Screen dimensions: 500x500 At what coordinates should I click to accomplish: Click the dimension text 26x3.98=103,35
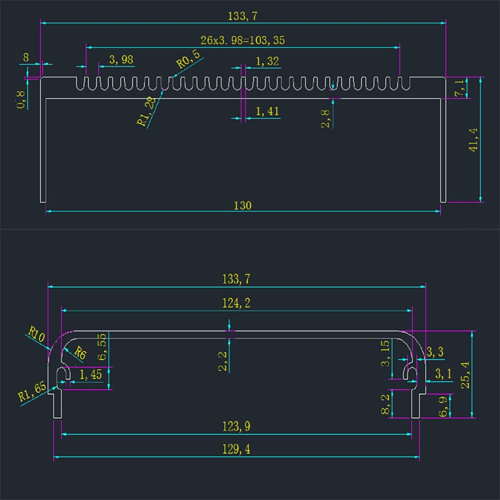pos(243,40)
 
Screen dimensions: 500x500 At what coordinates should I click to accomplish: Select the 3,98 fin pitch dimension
pos(121,60)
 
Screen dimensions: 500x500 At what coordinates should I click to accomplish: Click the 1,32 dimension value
pos(267,61)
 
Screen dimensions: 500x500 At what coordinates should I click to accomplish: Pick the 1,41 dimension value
pos(267,111)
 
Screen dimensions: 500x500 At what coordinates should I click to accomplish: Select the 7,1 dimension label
pos(459,87)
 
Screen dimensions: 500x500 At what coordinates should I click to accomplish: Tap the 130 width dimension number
pos(243,205)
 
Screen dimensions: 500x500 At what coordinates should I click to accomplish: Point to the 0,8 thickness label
pos(21,99)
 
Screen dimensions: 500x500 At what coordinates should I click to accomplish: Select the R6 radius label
pos(79,353)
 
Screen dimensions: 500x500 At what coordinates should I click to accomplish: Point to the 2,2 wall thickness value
pos(223,361)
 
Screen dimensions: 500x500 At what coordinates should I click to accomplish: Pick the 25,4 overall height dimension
pos(465,374)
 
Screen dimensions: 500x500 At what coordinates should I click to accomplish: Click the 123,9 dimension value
pos(237,427)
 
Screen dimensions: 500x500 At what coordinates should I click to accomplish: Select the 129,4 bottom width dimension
pos(237,450)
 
